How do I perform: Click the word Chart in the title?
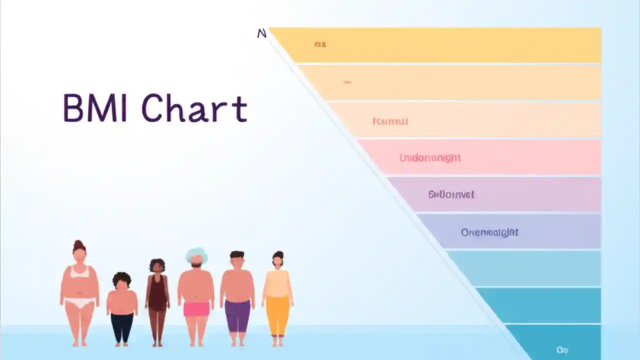(x=194, y=108)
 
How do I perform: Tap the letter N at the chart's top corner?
(x=261, y=33)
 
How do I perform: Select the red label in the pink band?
(x=430, y=158)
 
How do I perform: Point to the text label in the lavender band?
(x=451, y=194)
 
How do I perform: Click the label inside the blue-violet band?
(x=489, y=232)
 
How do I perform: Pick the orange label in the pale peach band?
(x=390, y=121)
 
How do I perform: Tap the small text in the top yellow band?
(x=320, y=44)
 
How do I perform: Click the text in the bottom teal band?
(x=562, y=349)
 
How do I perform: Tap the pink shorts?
(x=196, y=309)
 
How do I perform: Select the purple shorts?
(x=237, y=314)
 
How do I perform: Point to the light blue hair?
(x=196, y=254)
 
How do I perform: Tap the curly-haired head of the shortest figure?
(x=121, y=280)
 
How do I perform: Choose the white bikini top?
(x=79, y=272)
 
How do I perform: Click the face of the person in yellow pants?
(x=278, y=261)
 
